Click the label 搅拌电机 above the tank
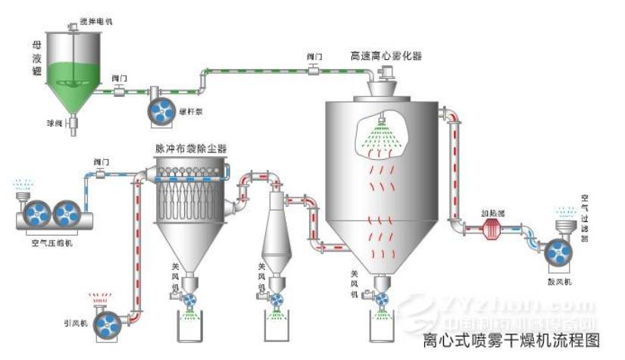click(95, 20)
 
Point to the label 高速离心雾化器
click(386, 55)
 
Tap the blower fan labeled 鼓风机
click(558, 255)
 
